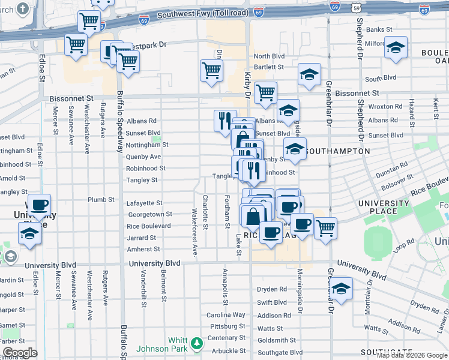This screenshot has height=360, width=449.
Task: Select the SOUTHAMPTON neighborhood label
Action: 337,151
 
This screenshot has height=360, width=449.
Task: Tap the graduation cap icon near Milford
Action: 395,47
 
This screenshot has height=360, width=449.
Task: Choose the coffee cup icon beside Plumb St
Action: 39,205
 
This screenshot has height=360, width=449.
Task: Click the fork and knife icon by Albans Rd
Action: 225,119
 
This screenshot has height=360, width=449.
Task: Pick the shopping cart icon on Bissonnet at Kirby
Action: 265,92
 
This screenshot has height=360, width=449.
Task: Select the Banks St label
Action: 379,29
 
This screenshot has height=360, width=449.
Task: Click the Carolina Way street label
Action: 226,315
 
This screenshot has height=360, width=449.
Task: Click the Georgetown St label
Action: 149,214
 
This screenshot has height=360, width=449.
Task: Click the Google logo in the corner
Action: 20,353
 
